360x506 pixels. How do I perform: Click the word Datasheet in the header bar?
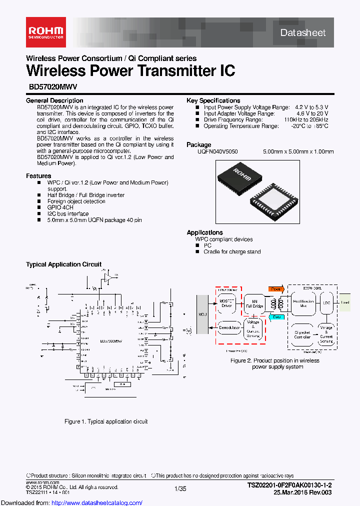coord(303,33)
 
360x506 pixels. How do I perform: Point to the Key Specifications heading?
coord(213,100)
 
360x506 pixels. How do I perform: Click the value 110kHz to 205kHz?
coord(306,120)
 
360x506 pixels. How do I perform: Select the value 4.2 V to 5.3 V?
coord(311,107)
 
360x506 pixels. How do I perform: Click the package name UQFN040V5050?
coord(217,151)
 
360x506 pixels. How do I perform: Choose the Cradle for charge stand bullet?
coord(232,252)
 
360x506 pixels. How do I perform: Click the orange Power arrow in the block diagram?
coord(275,289)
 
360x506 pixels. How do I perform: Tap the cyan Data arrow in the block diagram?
coord(275,317)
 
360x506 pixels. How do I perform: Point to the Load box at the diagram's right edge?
coord(345,302)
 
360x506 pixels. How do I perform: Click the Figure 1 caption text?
coord(106,421)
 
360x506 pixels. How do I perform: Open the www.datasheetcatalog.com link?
coord(71,502)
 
